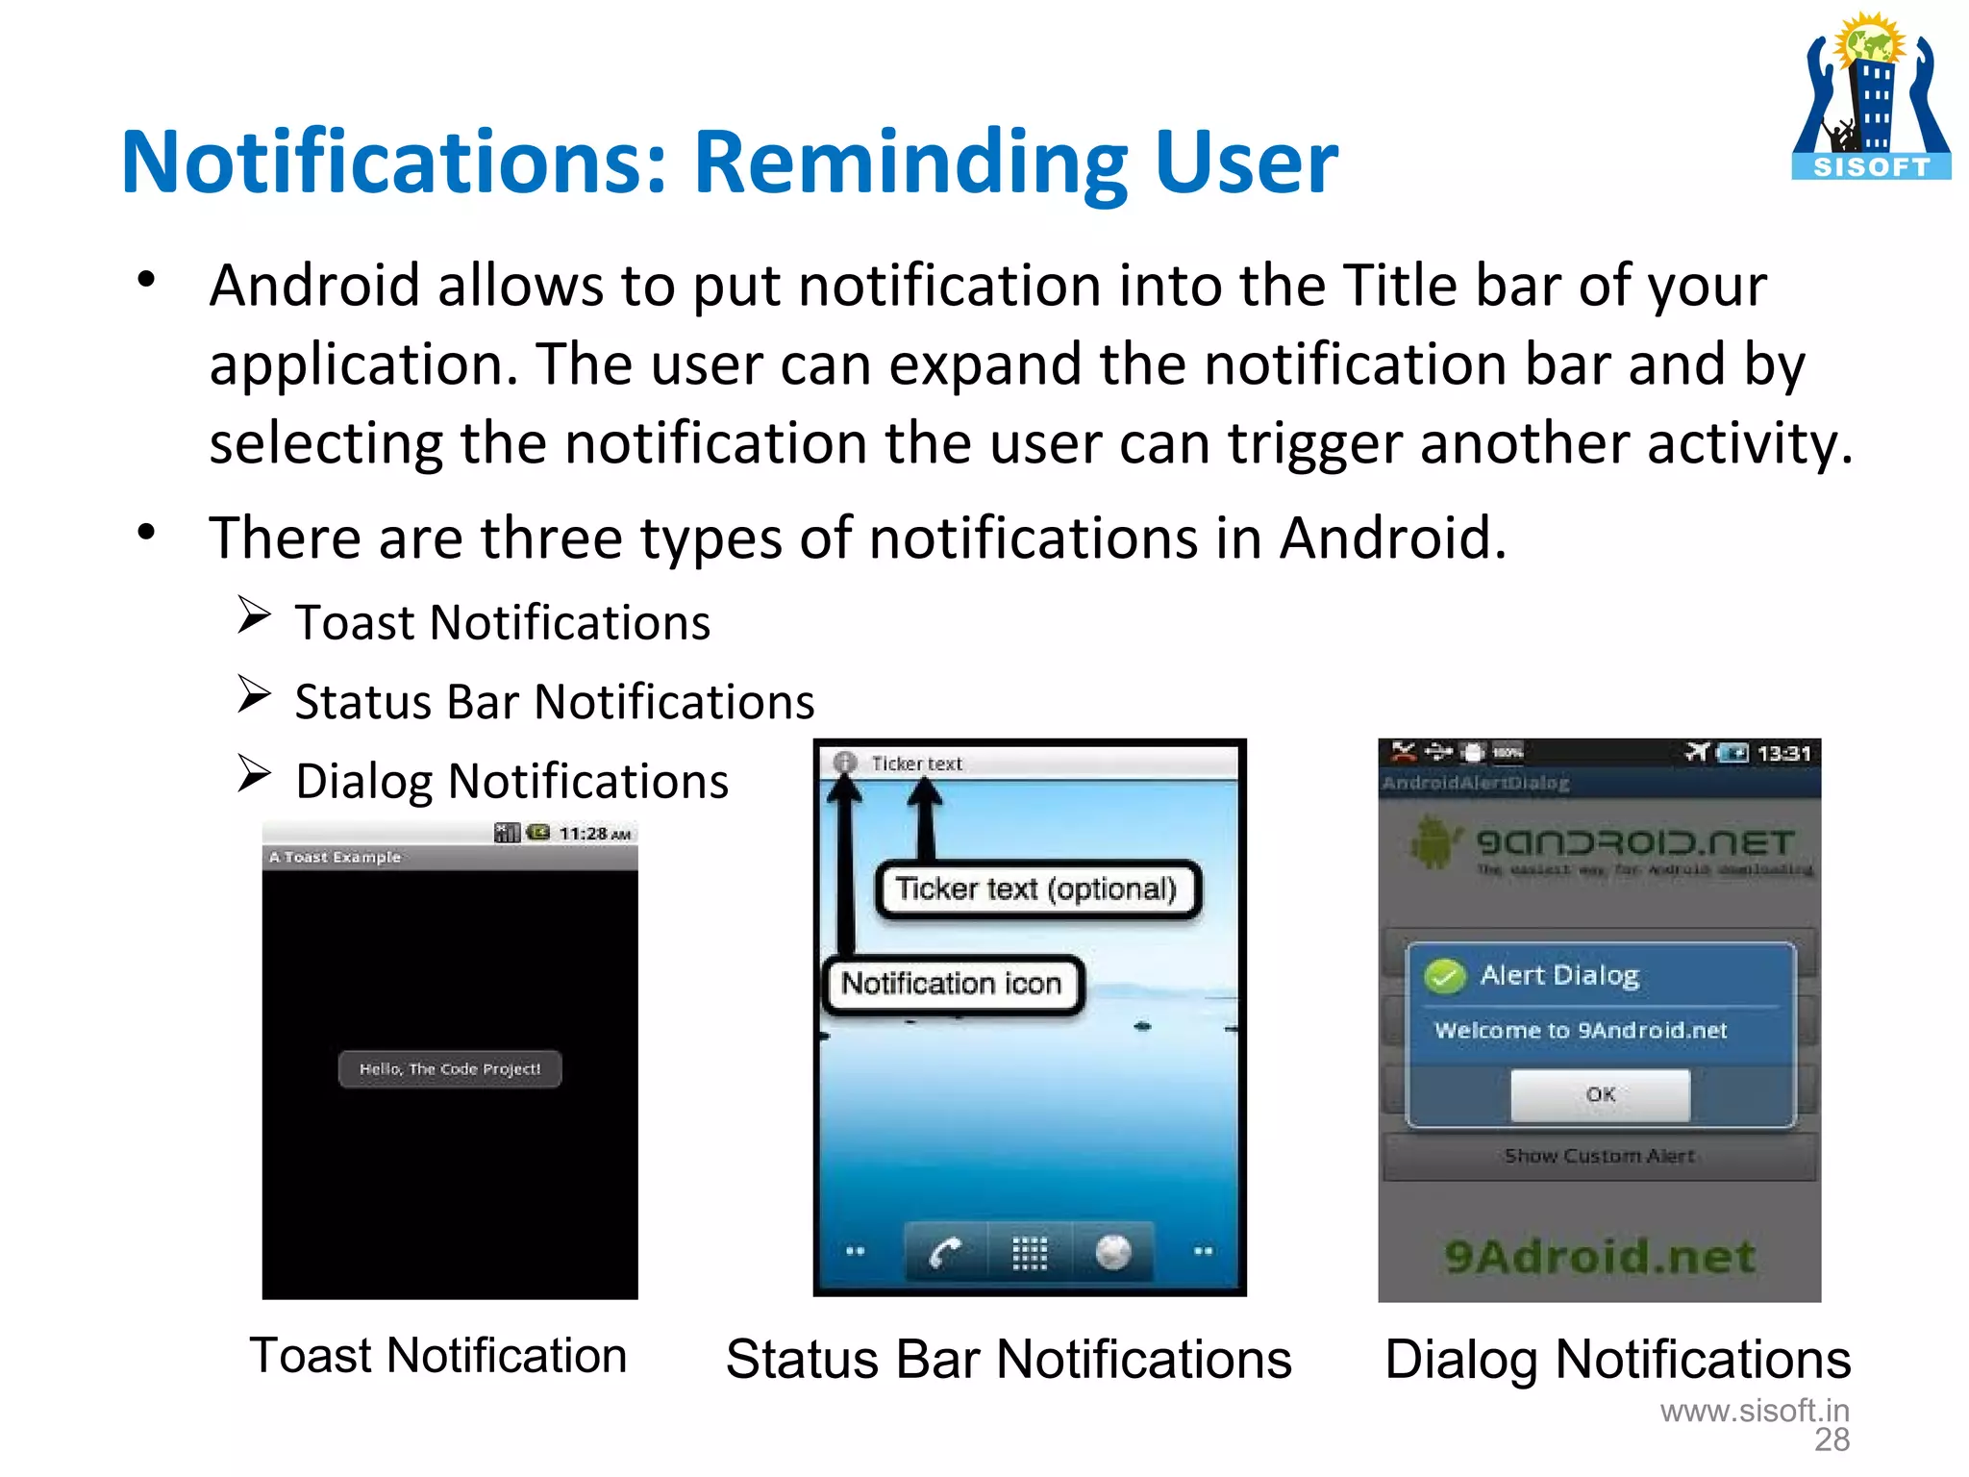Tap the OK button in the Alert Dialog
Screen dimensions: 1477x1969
[1600, 1094]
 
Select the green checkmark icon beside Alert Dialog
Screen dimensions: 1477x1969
[1445, 976]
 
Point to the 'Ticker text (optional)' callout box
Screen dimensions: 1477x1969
[1036, 889]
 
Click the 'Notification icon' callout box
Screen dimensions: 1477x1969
[952, 984]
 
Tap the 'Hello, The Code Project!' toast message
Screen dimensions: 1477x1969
[450, 1069]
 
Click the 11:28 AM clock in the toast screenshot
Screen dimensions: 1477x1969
[594, 834]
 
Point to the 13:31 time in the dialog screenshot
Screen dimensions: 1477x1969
[1783, 753]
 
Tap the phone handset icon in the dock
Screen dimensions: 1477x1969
[945, 1252]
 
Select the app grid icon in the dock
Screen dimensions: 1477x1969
[1029, 1252]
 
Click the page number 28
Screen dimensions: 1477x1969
[1832, 1439]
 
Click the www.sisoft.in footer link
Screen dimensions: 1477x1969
[1755, 1411]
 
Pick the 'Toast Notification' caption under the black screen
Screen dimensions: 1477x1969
[438, 1356]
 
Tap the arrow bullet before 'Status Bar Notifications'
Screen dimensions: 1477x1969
[254, 694]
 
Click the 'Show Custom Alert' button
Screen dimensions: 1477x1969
[1600, 1156]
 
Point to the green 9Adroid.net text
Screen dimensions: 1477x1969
[1600, 1256]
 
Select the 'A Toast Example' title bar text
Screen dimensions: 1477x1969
[335, 857]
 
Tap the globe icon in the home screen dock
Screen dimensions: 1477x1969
[1112, 1252]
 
